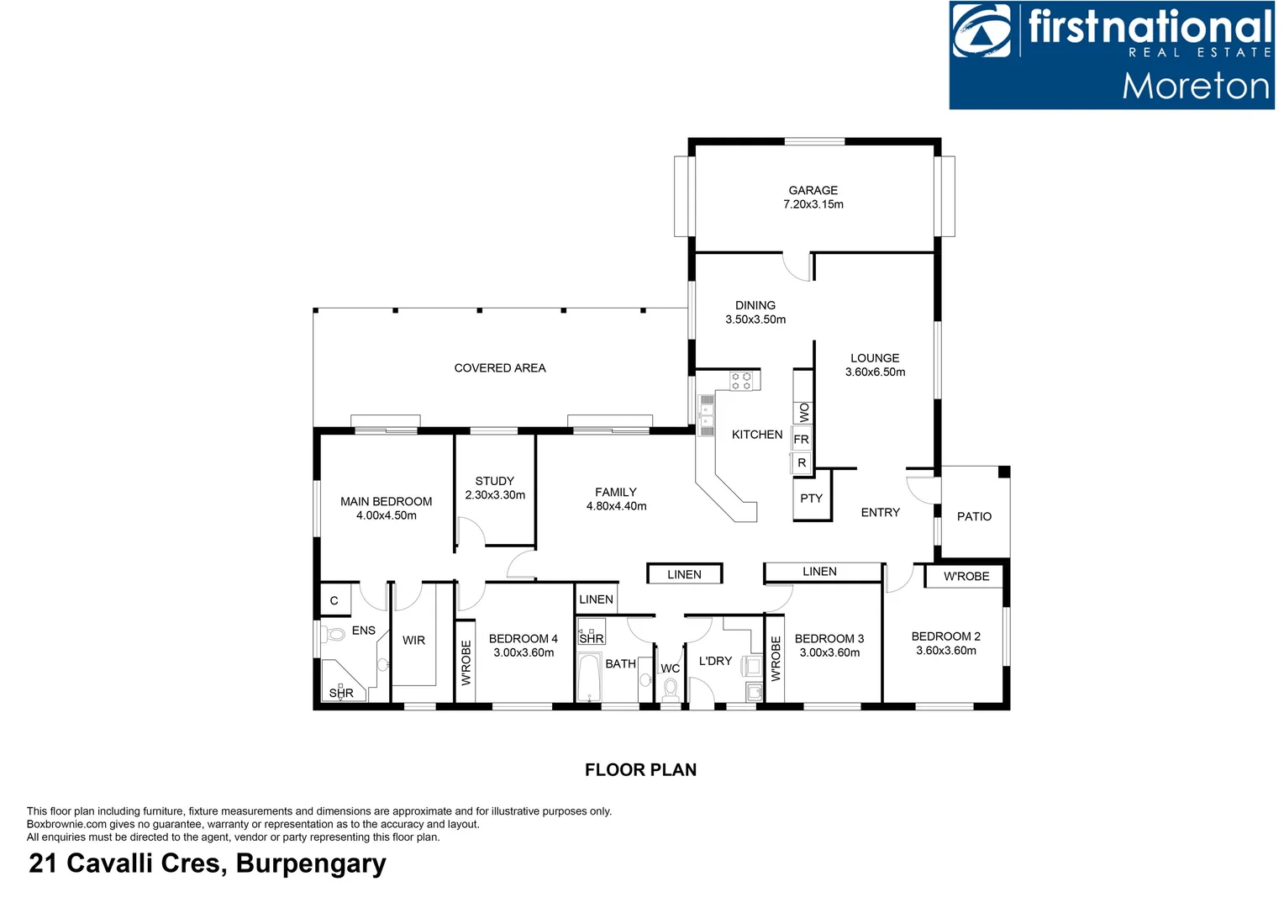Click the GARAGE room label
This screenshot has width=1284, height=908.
[x=813, y=190]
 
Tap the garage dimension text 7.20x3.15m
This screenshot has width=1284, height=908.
[x=813, y=204]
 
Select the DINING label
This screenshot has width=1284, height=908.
[x=755, y=305]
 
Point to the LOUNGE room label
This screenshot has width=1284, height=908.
[x=875, y=358]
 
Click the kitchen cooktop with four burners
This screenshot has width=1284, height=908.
[x=741, y=381]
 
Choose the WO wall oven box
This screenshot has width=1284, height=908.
[x=803, y=412]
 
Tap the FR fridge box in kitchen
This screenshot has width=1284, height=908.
[x=802, y=439]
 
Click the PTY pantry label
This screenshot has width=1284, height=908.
[x=811, y=499]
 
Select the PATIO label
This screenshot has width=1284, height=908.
[x=974, y=516]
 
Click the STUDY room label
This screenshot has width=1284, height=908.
[x=494, y=481]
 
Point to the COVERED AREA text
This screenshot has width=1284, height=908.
[x=500, y=368]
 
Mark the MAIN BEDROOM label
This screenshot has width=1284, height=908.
[x=386, y=502]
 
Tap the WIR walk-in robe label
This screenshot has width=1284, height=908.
[x=413, y=641]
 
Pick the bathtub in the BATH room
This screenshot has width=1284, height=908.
[x=589, y=676]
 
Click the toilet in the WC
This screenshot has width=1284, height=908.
[x=671, y=689]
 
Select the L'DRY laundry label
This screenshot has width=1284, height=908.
[x=715, y=661]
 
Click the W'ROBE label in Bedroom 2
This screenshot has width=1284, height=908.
[x=966, y=577]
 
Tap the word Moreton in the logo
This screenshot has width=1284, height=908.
[x=1195, y=87]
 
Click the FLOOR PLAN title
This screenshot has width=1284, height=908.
[x=640, y=769]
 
